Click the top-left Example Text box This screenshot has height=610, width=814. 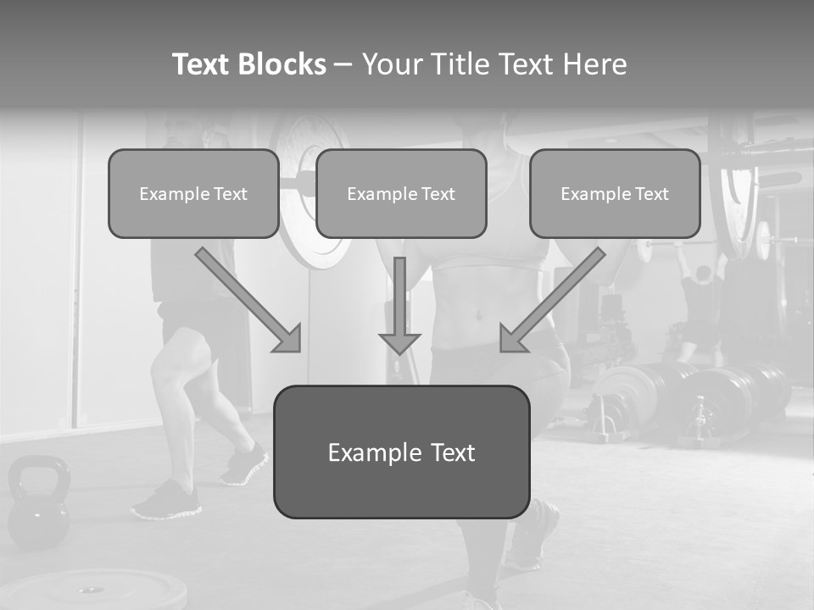(193, 193)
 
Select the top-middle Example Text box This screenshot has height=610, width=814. (401, 193)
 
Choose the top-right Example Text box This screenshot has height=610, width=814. (615, 193)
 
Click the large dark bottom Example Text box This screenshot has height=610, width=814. (401, 452)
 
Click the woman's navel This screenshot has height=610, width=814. (479, 315)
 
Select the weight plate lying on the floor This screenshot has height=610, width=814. (93, 590)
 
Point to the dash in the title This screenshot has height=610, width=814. (343, 65)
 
